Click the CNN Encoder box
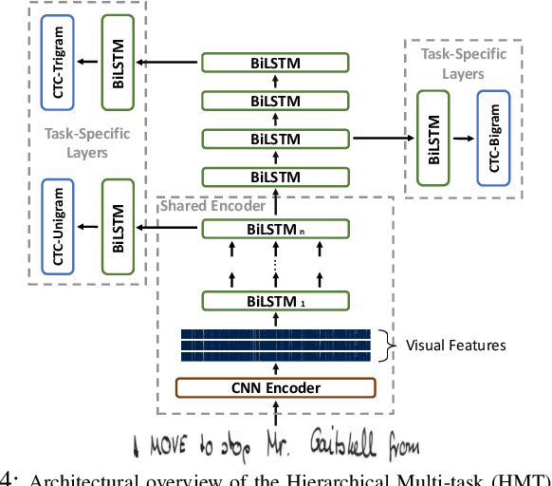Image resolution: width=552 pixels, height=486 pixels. coord(275,387)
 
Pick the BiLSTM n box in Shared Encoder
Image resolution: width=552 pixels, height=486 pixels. coord(275,228)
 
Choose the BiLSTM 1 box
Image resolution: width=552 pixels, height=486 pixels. coord(275,302)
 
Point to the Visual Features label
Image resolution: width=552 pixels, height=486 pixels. coord(455,346)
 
